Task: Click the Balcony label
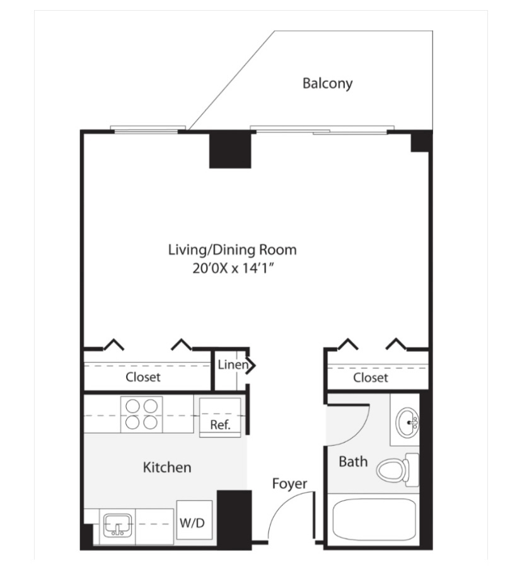coord(327,83)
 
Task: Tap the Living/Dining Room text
coord(233,250)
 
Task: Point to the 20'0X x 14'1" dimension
coord(233,269)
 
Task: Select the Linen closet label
coord(233,365)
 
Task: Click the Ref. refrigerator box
coord(220,417)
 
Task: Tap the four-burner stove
coord(141,414)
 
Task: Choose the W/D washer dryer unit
coord(194,520)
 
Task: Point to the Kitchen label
coord(167,467)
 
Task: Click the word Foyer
coord(289,484)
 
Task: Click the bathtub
coord(374,519)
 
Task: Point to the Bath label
coord(353,461)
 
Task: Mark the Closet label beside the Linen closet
coord(143,377)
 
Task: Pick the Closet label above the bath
coord(371,378)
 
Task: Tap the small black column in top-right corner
coord(420,142)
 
